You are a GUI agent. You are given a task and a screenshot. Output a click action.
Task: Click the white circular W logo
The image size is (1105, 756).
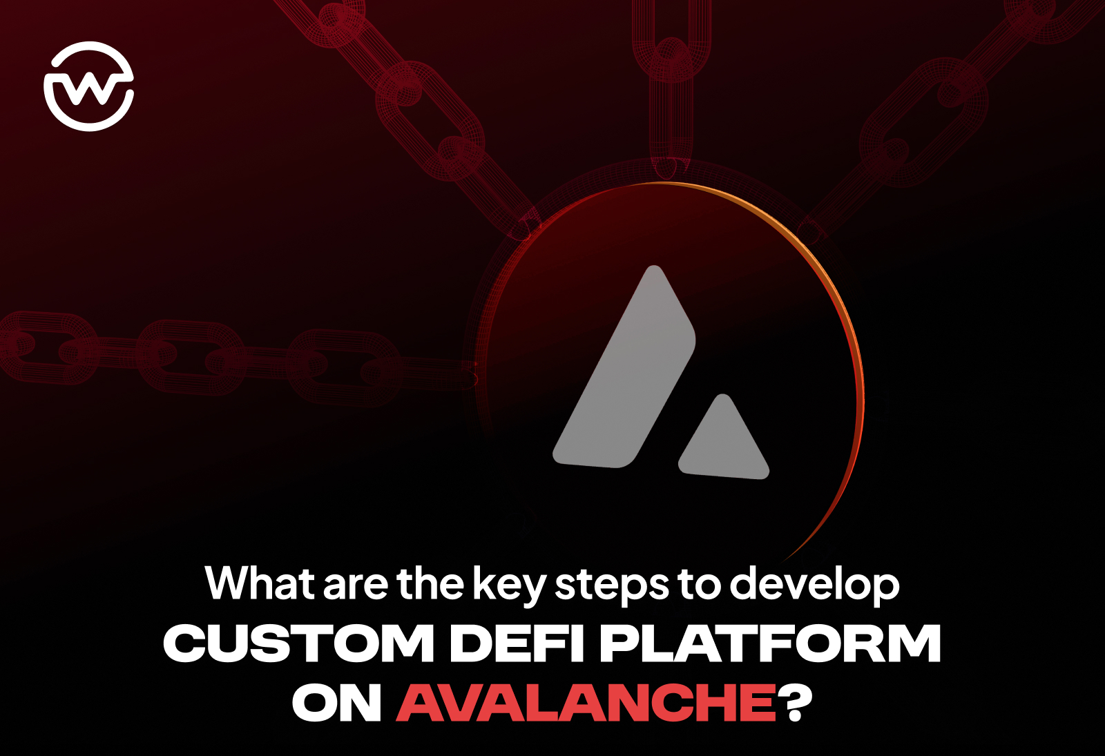(89, 86)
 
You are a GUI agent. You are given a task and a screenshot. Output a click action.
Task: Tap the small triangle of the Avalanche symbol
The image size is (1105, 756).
(723, 440)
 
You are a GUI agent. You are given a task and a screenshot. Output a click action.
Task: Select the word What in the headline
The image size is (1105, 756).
(260, 583)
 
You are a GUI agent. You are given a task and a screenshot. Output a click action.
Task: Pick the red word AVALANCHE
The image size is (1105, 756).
(586, 702)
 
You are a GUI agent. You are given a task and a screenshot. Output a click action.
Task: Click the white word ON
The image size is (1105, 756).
(337, 702)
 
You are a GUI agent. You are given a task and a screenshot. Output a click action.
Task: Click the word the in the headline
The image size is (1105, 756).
(430, 583)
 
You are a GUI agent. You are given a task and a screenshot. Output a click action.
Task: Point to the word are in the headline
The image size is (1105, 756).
(355, 587)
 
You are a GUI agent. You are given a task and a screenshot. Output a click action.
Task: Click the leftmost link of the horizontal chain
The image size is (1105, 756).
(47, 348)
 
